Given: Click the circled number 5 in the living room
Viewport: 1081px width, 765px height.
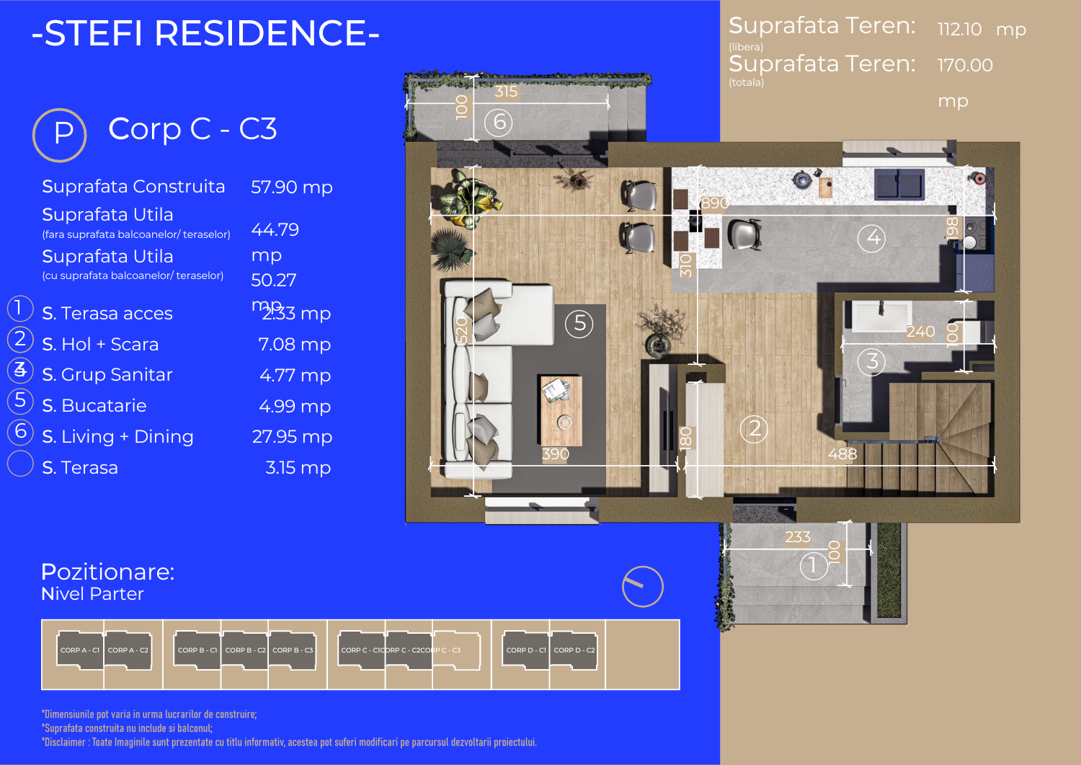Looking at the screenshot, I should [x=579, y=324].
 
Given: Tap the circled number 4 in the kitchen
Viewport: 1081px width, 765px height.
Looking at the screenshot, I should [x=873, y=237].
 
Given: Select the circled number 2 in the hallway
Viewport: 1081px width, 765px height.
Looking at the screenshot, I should [x=754, y=429].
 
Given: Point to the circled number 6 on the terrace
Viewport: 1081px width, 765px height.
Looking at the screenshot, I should [x=499, y=122].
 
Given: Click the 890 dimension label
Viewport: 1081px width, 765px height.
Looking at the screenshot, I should [x=714, y=203].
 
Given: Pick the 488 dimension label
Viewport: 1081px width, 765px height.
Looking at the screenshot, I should [x=842, y=454].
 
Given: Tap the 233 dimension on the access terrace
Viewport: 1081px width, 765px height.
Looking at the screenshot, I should [x=797, y=537].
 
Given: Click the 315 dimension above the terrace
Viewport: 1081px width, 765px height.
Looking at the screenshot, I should [x=506, y=92].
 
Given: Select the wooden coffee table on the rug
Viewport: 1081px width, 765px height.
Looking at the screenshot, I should [x=561, y=409].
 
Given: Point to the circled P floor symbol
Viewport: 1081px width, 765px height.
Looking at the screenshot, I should [x=61, y=134].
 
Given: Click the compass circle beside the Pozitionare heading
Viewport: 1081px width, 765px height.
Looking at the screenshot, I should [x=642, y=586].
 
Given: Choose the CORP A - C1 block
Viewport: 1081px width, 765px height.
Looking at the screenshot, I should [x=80, y=650].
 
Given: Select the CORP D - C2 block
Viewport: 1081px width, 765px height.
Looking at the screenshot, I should [x=574, y=650].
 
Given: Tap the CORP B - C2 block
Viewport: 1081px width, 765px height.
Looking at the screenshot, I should [x=245, y=650].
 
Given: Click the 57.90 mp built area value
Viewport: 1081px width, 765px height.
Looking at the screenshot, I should [x=291, y=187].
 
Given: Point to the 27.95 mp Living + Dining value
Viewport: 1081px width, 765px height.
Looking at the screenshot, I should [x=292, y=437].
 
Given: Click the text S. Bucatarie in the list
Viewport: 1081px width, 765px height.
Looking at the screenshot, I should [x=94, y=406].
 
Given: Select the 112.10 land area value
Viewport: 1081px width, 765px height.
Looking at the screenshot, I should [x=959, y=30].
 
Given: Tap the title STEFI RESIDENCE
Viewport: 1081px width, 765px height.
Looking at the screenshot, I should [x=205, y=34].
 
